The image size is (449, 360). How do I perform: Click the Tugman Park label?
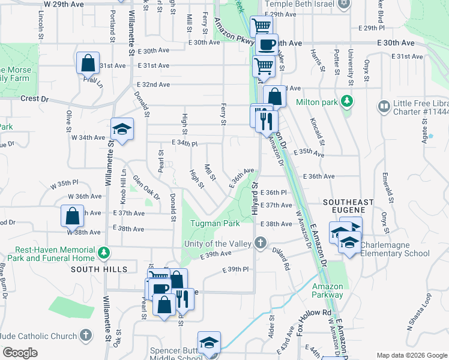click(x=214, y=224)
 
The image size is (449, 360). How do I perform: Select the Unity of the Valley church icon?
click(x=260, y=244)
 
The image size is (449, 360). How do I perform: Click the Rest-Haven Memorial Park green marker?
click(x=105, y=251)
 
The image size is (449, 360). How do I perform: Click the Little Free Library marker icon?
click(x=383, y=106)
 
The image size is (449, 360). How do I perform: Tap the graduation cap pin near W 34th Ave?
click(x=122, y=129)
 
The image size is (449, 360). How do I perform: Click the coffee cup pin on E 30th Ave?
click(x=267, y=44)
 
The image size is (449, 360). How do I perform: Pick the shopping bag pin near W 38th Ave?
click(x=71, y=215)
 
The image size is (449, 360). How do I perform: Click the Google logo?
click(x=20, y=353)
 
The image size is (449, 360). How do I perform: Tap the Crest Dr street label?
click(x=34, y=98)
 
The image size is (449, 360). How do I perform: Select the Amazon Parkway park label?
click(x=328, y=290)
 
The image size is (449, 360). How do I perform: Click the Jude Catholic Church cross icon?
click(x=86, y=334)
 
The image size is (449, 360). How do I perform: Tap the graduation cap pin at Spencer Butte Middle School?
click(x=209, y=343)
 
